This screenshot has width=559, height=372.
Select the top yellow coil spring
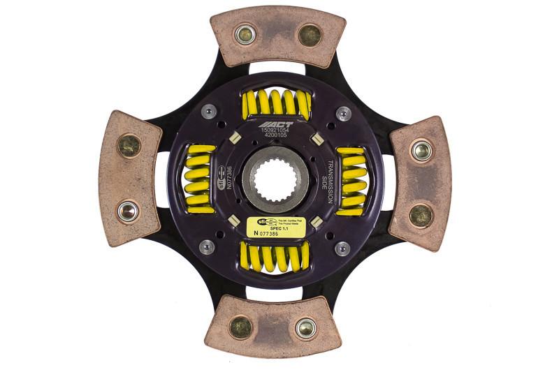tap(275, 103)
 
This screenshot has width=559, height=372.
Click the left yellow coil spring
tap(199, 179)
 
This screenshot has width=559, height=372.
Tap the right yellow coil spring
tap(352, 180)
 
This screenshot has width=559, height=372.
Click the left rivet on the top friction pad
tap(245, 34)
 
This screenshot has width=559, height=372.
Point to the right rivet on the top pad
tap(309, 34)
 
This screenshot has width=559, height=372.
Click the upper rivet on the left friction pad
tap(129, 146)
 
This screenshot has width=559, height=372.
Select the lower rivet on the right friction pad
tap(421, 215)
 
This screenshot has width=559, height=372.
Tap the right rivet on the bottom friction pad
tap(305, 327)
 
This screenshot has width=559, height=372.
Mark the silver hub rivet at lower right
tap(342, 247)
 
